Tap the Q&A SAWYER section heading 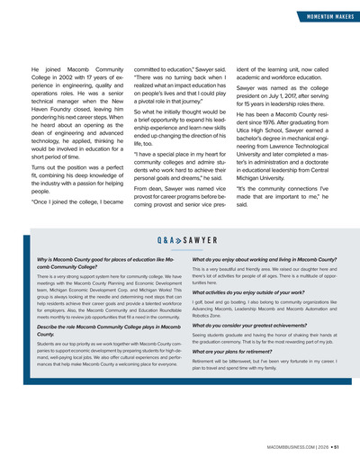pyautogui.click(x=179, y=241)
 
